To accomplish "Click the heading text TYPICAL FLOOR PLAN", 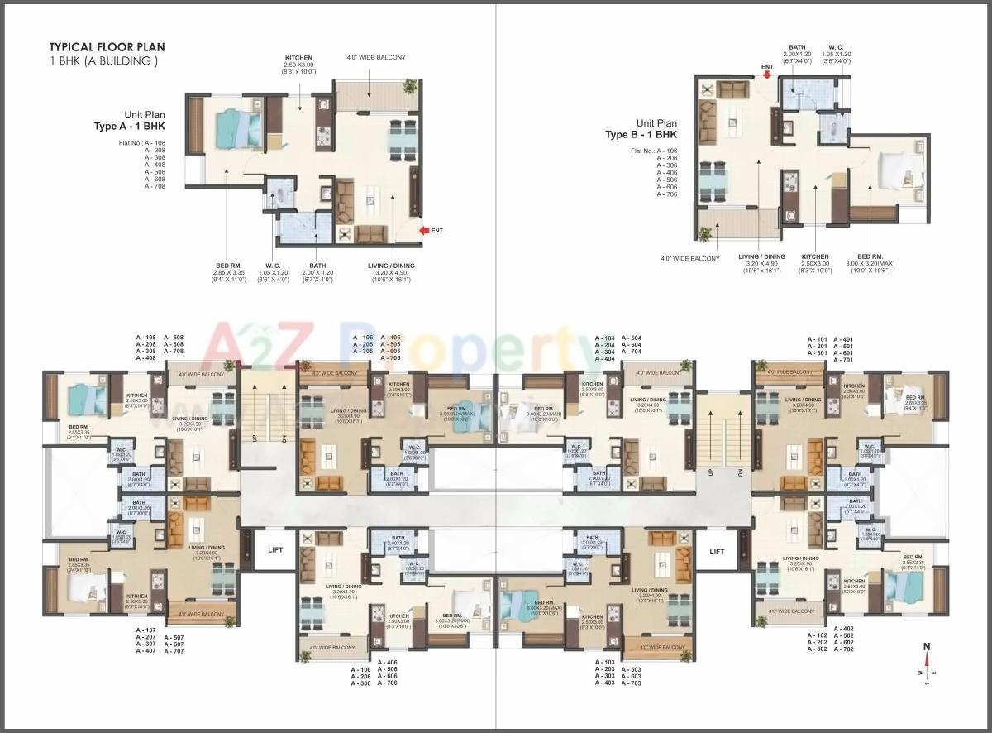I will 107,47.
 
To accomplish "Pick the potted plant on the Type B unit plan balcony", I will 705,234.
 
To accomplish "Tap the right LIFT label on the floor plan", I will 717,551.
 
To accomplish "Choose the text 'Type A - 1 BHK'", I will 130,127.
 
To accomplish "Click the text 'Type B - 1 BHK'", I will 641,134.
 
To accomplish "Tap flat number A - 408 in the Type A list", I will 155,165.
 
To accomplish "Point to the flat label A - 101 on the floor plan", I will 818,339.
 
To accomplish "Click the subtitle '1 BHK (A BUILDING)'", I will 103,61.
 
